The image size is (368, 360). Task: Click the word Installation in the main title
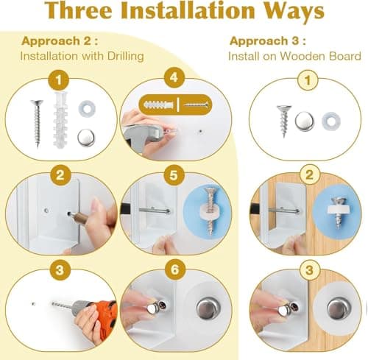click(x=188, y=10)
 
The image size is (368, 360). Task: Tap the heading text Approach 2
click(x=60, y=40)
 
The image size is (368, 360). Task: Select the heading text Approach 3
click(x=268, y=40)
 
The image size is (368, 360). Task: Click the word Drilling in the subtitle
click(x=125, y=56)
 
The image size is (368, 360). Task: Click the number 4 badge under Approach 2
click(x=174, y=77)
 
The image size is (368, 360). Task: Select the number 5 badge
click(x=174, y=175)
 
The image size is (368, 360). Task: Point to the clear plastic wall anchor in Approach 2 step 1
click(x=60, y=120)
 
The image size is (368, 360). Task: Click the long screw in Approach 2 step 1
click(x=37, y=123)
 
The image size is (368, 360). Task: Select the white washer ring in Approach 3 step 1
click(x=331, y=121)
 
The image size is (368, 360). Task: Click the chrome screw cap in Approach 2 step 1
click(x=86, y=138)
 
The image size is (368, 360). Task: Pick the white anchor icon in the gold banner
click(x=159, y=105)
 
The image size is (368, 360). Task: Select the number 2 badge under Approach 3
click(x=310, y=174)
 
